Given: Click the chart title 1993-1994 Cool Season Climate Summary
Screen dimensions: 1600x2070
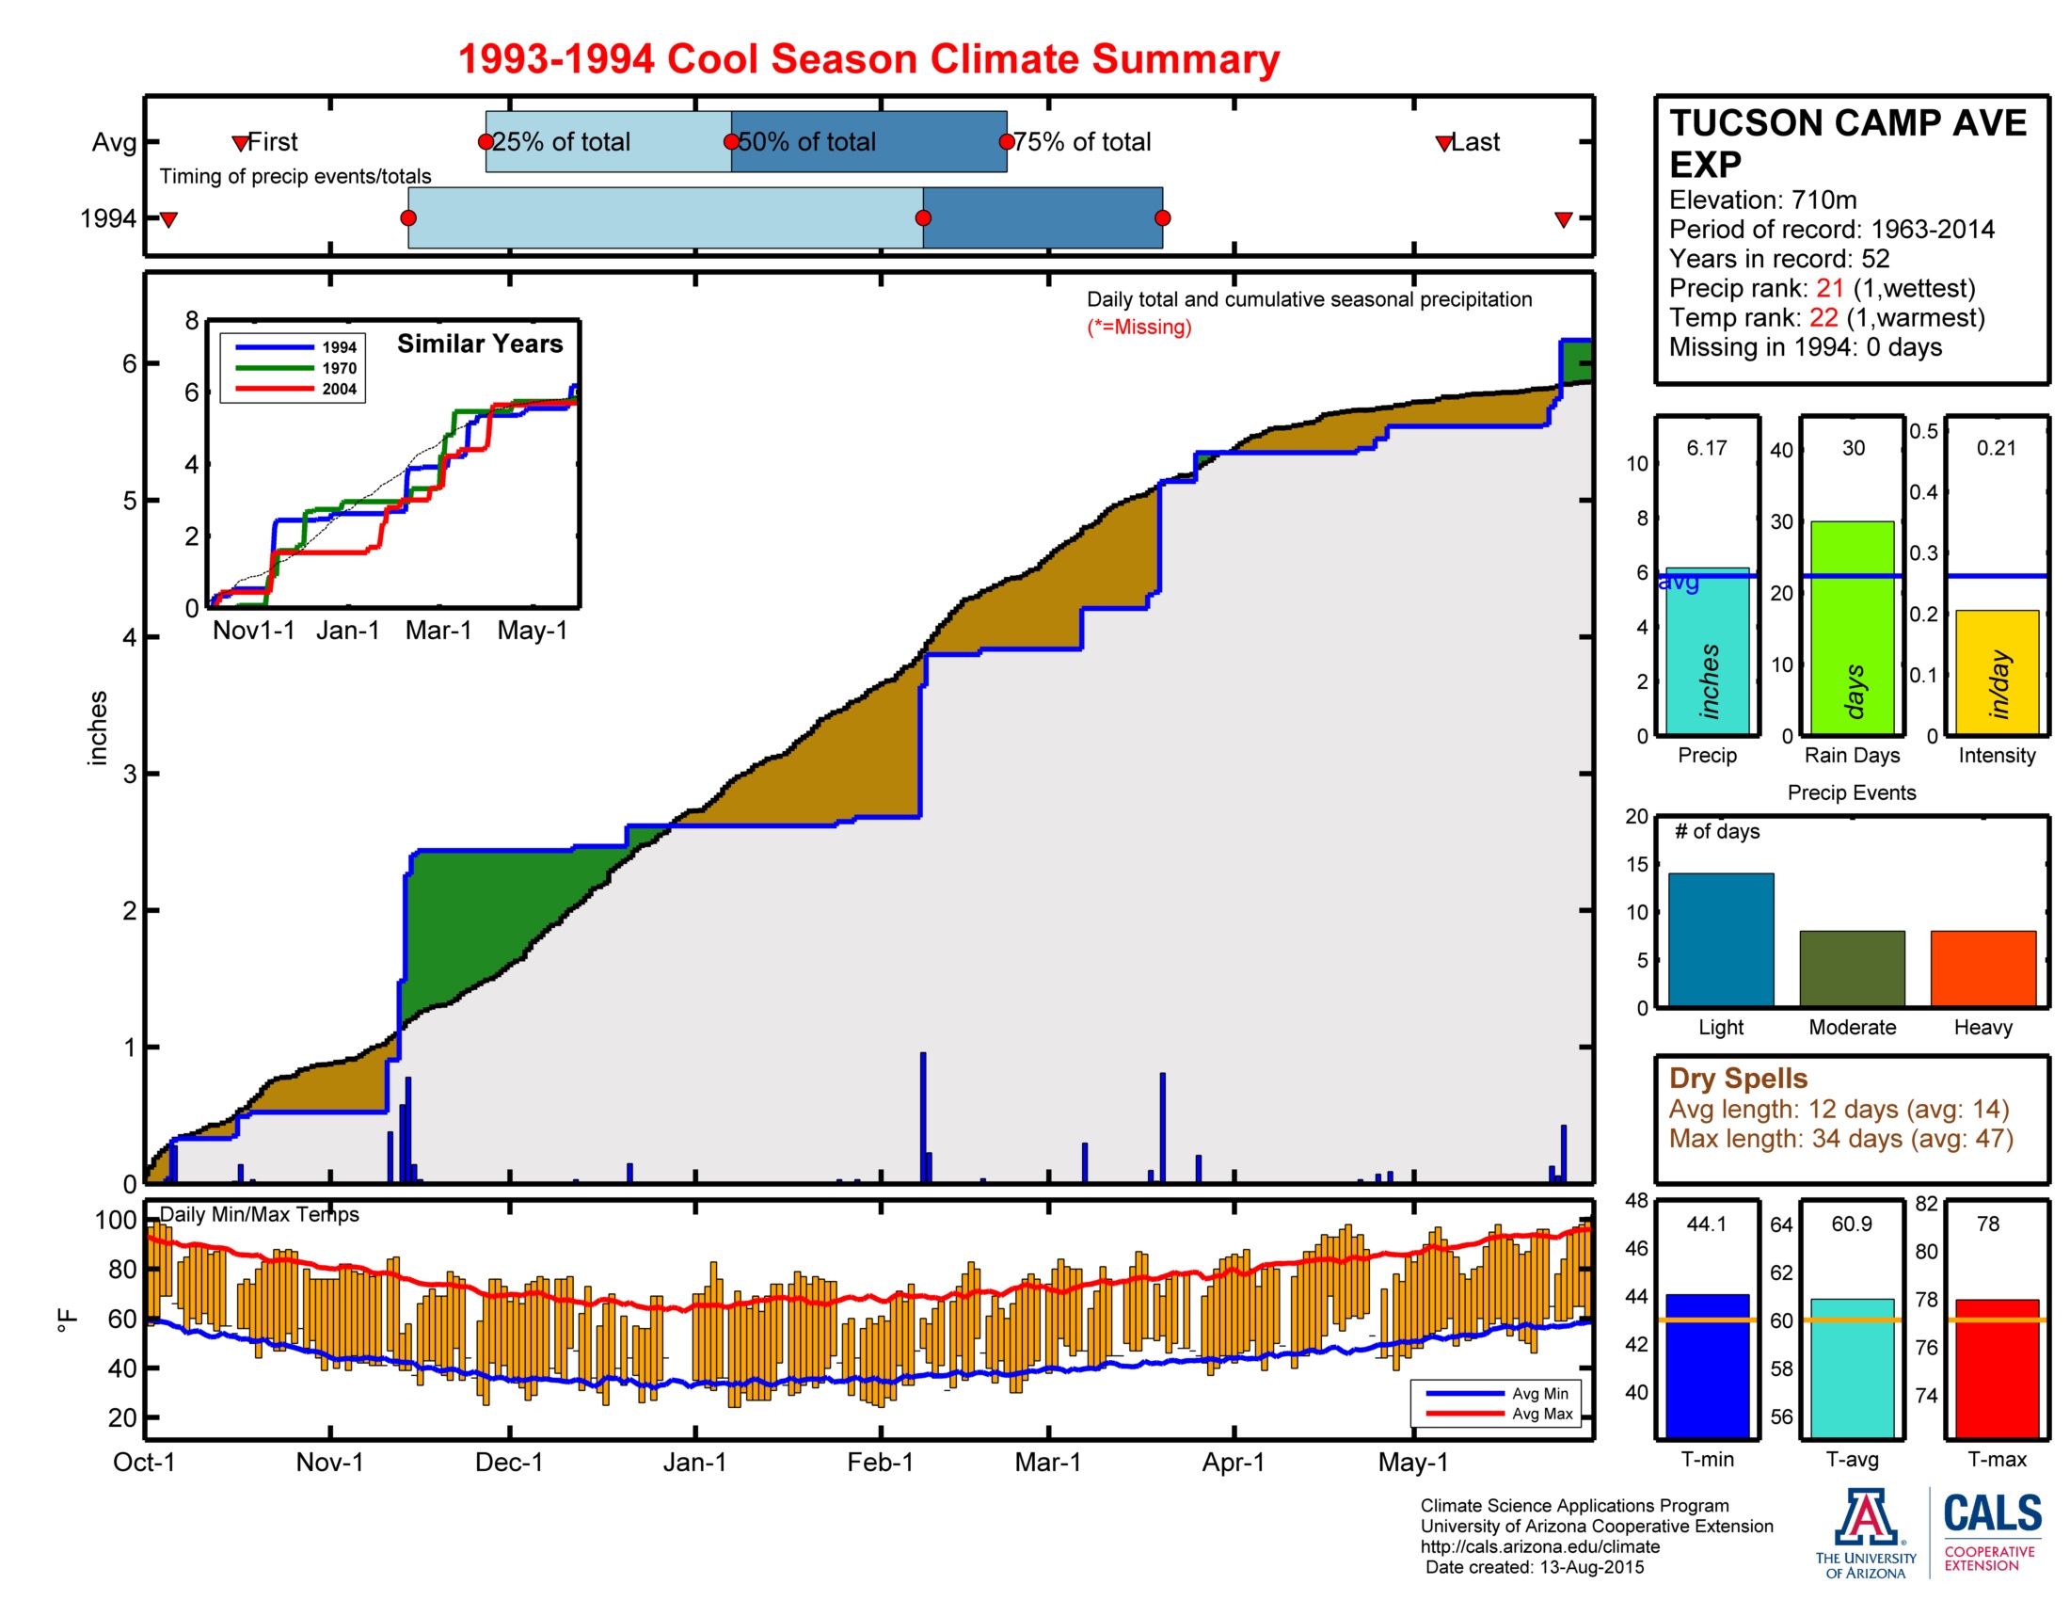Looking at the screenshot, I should (868, 58).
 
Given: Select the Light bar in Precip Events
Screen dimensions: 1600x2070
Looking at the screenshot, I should (1720, 938).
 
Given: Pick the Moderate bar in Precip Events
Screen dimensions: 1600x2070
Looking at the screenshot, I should (1851, 968).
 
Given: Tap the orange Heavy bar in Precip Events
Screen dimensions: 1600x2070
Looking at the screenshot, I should (1982, 968).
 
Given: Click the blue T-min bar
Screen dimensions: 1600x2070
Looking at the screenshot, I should (1707, 1365).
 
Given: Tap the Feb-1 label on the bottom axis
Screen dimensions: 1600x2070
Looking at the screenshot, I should (880, 1462).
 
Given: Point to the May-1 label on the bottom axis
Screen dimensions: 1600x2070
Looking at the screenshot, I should (1412, 1462).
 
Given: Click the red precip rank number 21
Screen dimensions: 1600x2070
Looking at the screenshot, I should (1829, 288).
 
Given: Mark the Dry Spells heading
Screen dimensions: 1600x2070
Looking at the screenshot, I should (1737, 1078).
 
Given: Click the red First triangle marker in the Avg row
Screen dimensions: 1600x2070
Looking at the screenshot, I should (241, 143).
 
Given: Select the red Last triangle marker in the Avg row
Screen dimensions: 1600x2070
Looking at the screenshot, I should (1443, 143).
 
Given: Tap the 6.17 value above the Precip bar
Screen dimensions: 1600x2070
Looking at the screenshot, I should (1706, 448).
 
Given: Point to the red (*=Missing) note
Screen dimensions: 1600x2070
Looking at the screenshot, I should (1138, 327).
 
